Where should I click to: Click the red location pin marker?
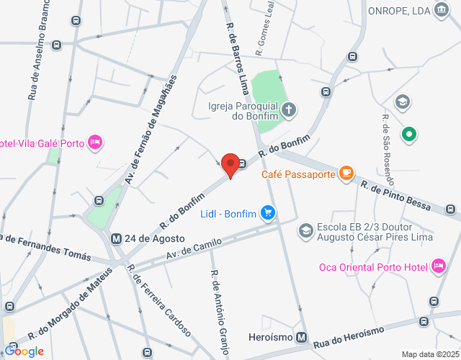(x=230, y=165)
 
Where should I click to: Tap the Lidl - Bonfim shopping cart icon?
(x=269, y=212)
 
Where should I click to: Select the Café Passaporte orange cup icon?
(x=346, y=172)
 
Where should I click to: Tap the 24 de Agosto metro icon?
(x=115, y=238)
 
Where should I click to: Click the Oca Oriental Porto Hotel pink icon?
(x=437, y=266)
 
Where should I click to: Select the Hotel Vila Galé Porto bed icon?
(x=94, y=142)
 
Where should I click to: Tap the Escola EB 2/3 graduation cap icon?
(x=305, y=230)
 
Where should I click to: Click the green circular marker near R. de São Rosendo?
(x=408, y=134)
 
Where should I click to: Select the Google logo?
(x=24, y=351)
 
